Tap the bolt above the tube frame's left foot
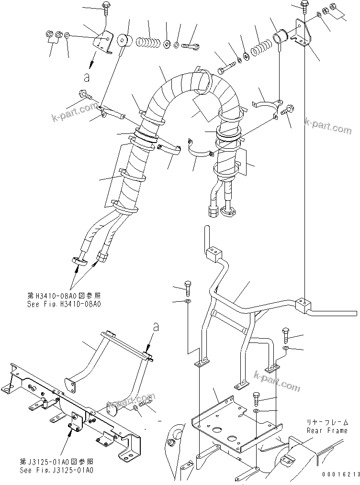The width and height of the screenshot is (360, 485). pos(187,288)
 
